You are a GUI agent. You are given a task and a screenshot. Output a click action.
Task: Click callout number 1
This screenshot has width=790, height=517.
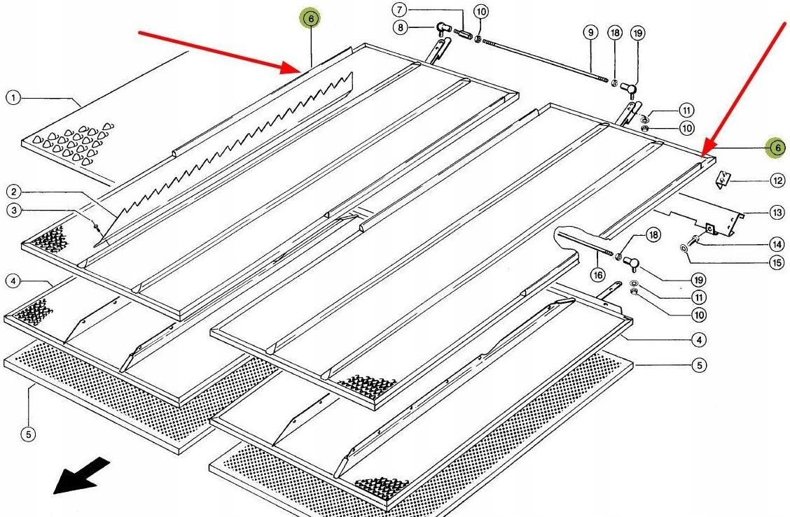(13, 98)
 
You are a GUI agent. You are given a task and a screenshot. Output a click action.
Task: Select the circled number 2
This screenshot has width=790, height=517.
(13, 191)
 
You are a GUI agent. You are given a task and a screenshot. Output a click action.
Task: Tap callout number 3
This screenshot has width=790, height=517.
(13, 210)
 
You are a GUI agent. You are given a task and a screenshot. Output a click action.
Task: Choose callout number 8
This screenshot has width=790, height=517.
(399, 28)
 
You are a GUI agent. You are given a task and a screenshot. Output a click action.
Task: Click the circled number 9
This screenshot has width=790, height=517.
(590, 32)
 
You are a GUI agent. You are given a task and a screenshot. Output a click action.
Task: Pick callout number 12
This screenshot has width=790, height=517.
(777, 180)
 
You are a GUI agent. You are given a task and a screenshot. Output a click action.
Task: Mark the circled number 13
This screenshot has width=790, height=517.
(777, 212)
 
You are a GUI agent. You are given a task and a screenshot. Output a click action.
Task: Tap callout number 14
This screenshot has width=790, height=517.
(777, 244)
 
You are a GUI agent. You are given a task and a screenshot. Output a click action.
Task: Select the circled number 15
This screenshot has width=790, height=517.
(777, 263)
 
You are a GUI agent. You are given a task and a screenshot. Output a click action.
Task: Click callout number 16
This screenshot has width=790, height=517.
(597, 275)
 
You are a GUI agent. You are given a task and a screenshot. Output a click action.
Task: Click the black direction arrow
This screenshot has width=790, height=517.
(82, 475)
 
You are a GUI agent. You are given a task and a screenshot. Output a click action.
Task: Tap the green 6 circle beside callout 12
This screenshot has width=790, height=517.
(776, 148)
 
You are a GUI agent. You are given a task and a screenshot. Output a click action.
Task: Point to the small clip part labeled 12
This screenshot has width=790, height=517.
(723, 180)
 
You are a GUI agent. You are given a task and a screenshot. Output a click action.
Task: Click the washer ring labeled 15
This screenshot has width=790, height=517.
(683, 248)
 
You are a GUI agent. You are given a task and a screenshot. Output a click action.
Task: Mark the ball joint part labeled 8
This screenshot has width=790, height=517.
(441, 29)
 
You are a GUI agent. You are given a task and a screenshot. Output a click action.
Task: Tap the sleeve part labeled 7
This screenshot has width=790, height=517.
(463, 32)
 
